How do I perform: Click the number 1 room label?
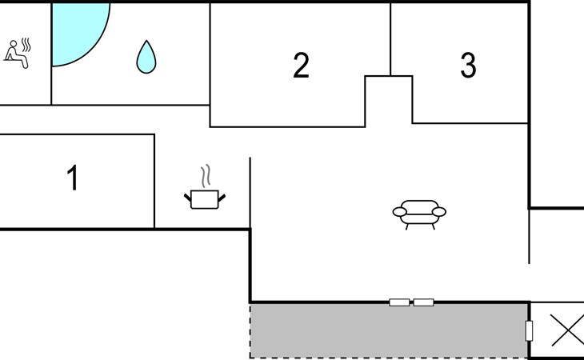[73, 178]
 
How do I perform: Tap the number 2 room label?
[301, 66]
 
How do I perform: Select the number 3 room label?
[468, 66]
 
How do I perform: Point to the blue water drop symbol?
[145, 57]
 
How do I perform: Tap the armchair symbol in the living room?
[419, 213]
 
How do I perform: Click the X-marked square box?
[567, 330]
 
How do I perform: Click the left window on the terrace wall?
[398, 302]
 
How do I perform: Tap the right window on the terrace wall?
[423, 302]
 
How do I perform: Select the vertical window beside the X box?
[528, 330]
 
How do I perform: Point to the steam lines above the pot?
[206, 176]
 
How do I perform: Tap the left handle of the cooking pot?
[189, 195]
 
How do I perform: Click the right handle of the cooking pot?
[222, 195]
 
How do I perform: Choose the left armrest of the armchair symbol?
[400, 212]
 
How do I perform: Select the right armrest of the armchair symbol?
[438, 212]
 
